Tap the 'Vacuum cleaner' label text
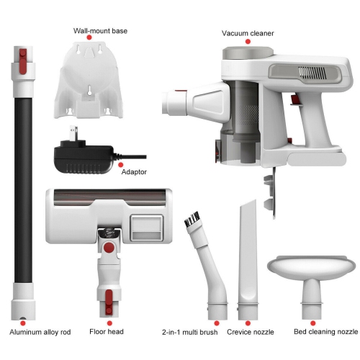[x=247, y=32]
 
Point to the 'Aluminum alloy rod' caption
[x=42, y=333]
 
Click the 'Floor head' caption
[x=106, y=333]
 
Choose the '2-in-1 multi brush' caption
[x=190, y=333]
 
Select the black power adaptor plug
[x=79, y=152]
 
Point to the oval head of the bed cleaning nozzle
[x=312, y=266]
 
